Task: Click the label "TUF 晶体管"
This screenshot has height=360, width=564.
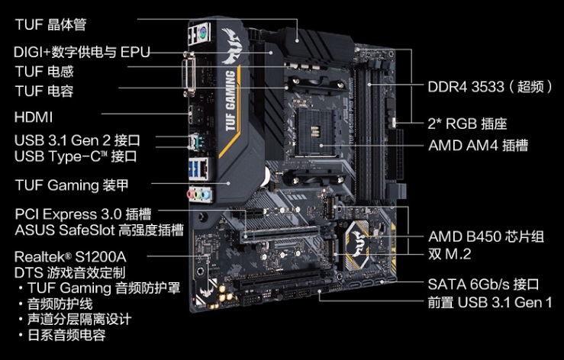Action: click(x=50, y=24)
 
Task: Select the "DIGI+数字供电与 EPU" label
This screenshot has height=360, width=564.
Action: click(x=82, y=52)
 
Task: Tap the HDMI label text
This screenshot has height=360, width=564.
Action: click(x=34, y=117)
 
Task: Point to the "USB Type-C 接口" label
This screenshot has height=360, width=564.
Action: click(x=76, y=156)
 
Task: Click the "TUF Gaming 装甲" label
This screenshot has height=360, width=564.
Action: click(x=72, y=185)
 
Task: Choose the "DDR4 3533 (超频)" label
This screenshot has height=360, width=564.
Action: click(x=490, y=87)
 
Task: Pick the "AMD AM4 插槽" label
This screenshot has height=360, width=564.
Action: click(x=478, y=146)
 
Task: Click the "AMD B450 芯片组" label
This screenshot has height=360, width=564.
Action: click(x=486, y=236)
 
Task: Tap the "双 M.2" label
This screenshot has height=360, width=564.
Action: click(x=450, y=254)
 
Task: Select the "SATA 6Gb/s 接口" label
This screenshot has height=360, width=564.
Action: click(x=483, y=284)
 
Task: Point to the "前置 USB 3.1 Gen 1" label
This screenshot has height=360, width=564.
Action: click(x=490, y=303)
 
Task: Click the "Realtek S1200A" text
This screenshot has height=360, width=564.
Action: click(x=70, y=257)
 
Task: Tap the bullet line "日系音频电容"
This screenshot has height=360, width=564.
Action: click(x=66, y=335)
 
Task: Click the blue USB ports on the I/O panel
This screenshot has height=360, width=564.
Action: click(x=194, y=169)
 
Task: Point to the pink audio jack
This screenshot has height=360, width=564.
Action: click(x=191, y=194)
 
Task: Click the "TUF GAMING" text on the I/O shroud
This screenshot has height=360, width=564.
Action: click(x=230, y=101)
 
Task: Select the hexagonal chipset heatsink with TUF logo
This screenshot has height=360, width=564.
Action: click(x=357, y=245)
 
